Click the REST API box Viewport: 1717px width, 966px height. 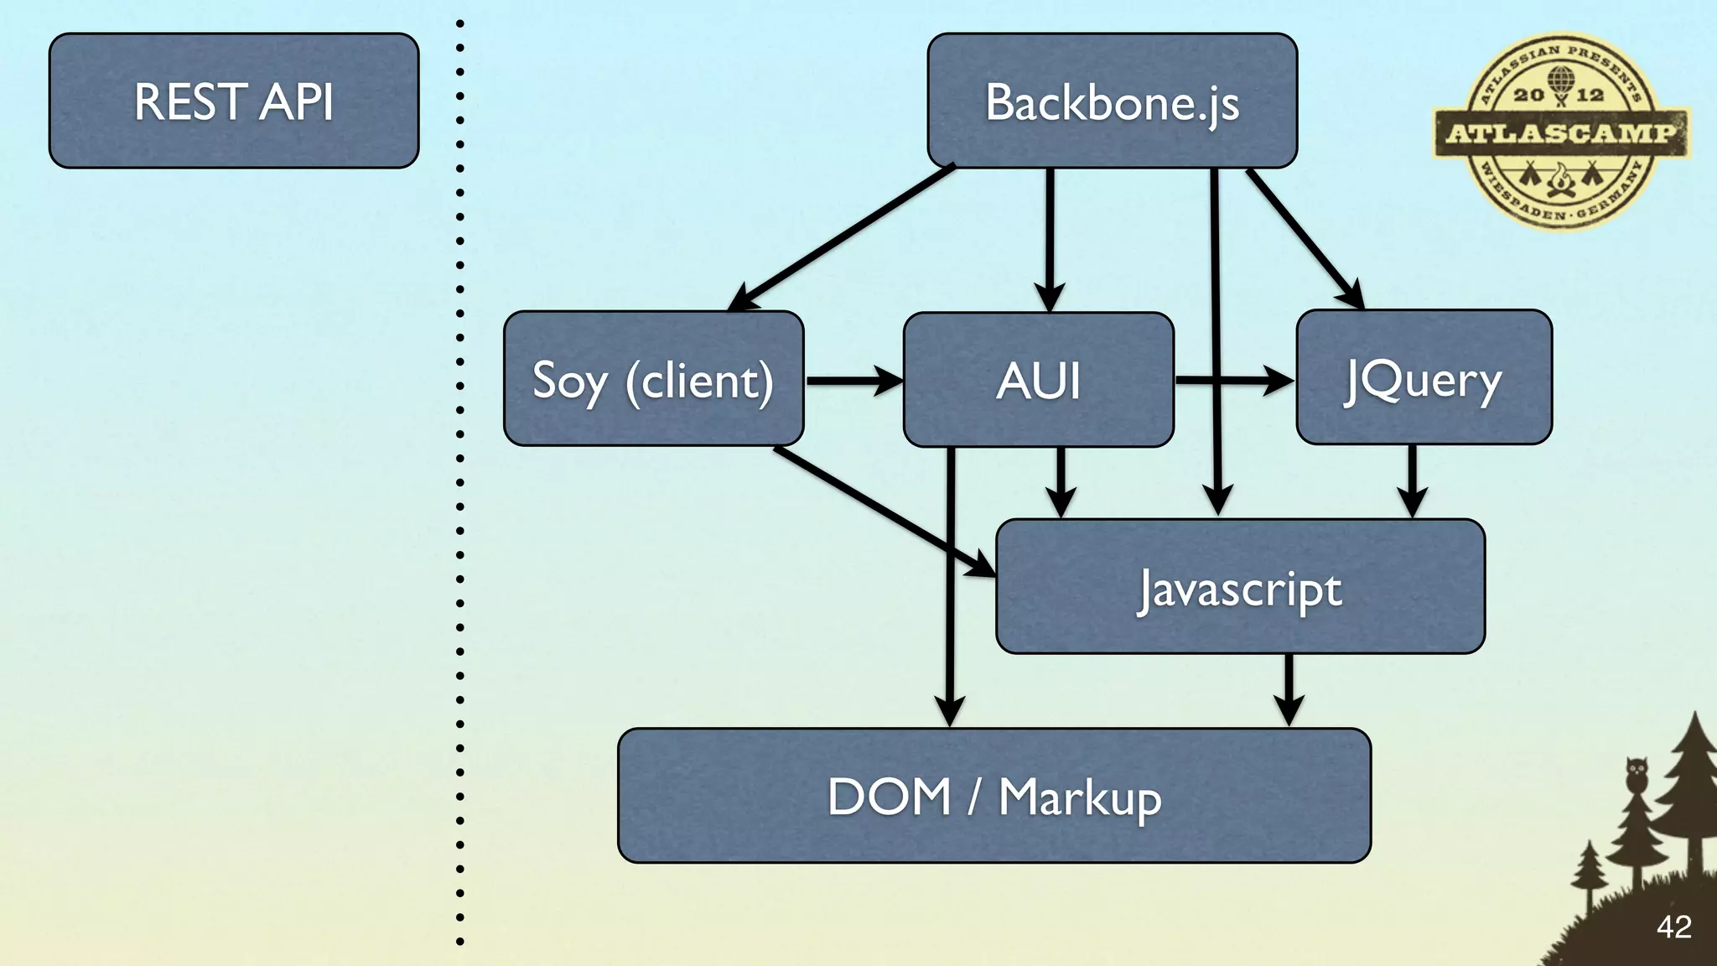[233, 101]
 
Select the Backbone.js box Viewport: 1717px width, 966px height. [1112, 101]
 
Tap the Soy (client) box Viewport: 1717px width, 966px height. [653, 379]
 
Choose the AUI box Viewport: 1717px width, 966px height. [1038, 380]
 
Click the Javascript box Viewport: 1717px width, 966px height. [1240, 587]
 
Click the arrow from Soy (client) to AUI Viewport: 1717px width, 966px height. [851, 381]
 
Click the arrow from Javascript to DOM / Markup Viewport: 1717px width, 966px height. [1289, 688]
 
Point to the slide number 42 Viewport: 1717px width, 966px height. [1673, 927]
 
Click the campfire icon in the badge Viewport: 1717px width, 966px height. [1560, 181]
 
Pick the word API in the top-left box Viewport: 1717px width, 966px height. [296, 101]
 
